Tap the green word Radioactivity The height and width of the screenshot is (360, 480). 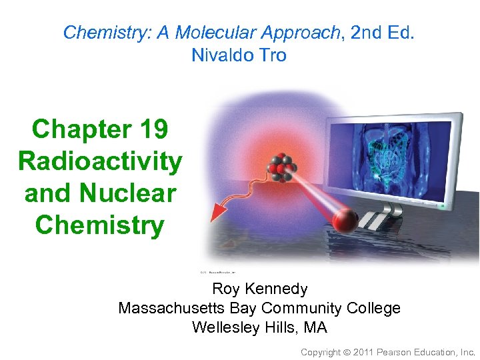pos(100,161)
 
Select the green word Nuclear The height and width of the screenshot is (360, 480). pos(128,193)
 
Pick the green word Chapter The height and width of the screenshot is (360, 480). pos(75,129)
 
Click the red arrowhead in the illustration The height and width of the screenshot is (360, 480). pos(217,211)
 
